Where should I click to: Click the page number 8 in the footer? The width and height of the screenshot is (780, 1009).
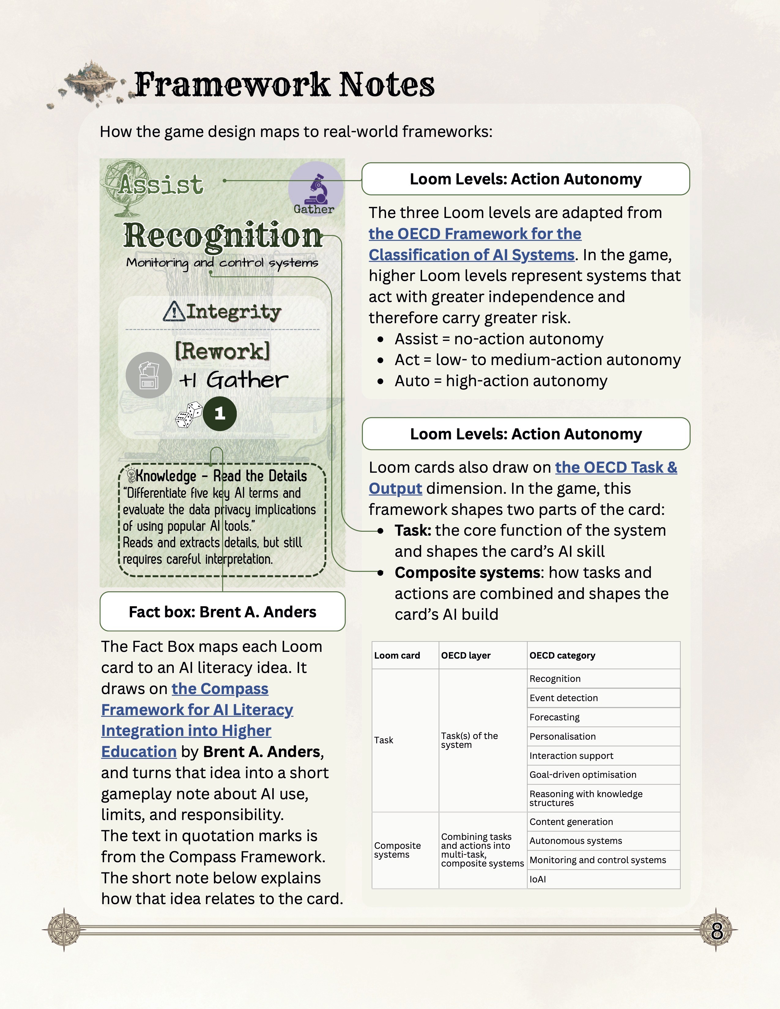point(717,930)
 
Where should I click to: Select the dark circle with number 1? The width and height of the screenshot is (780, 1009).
point(220,413)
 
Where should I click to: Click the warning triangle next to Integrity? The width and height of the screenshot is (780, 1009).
point(174,311)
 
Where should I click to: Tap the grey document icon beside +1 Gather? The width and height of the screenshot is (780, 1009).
point(149,375)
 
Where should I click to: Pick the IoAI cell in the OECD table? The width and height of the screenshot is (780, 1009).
point(538,879)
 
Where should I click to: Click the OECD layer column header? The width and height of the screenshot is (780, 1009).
point(466,655)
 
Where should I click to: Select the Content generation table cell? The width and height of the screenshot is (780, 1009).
point(571,822)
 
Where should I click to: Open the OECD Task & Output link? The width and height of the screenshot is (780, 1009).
point(616,468)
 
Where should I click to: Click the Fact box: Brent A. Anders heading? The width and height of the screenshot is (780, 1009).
point(222,612)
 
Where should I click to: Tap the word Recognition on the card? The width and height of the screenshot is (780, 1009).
point(222,236)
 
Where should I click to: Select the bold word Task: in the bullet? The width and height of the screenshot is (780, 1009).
point(413,530)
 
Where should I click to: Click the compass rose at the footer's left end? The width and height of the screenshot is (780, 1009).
point(64,929)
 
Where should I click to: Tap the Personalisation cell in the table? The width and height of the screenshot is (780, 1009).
point(562,737)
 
